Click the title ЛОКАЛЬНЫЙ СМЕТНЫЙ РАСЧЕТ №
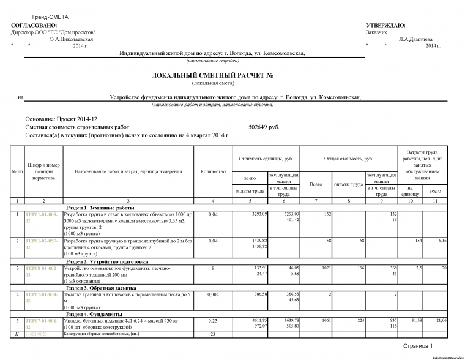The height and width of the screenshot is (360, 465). point(212,75)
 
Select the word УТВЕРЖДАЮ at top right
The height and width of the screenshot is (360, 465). point(385,25)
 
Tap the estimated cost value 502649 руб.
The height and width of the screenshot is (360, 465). point(264,127)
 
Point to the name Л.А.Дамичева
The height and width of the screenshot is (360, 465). point(415,39)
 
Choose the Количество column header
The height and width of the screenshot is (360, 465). point(212,171)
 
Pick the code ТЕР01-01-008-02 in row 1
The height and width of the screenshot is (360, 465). point(43,217)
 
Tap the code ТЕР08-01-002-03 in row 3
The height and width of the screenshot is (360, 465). point(43,271)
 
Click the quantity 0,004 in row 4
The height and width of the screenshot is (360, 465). point(212,294)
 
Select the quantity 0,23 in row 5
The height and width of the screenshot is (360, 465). point(212,321)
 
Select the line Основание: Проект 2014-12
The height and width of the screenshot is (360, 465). point(61,118)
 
